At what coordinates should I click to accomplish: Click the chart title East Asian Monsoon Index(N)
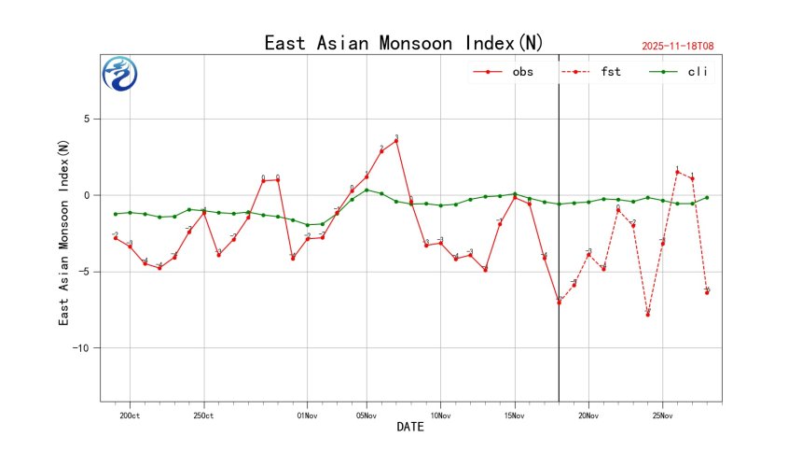(404, 43)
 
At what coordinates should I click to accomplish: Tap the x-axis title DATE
(410, 428)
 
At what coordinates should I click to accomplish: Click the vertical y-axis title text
(63, 233)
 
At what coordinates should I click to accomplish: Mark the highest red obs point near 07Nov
(396, 140)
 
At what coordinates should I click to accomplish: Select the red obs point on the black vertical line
(559, 302)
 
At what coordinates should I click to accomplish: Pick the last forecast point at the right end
(707, 292)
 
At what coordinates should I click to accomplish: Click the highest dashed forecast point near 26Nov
(677, 172)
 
